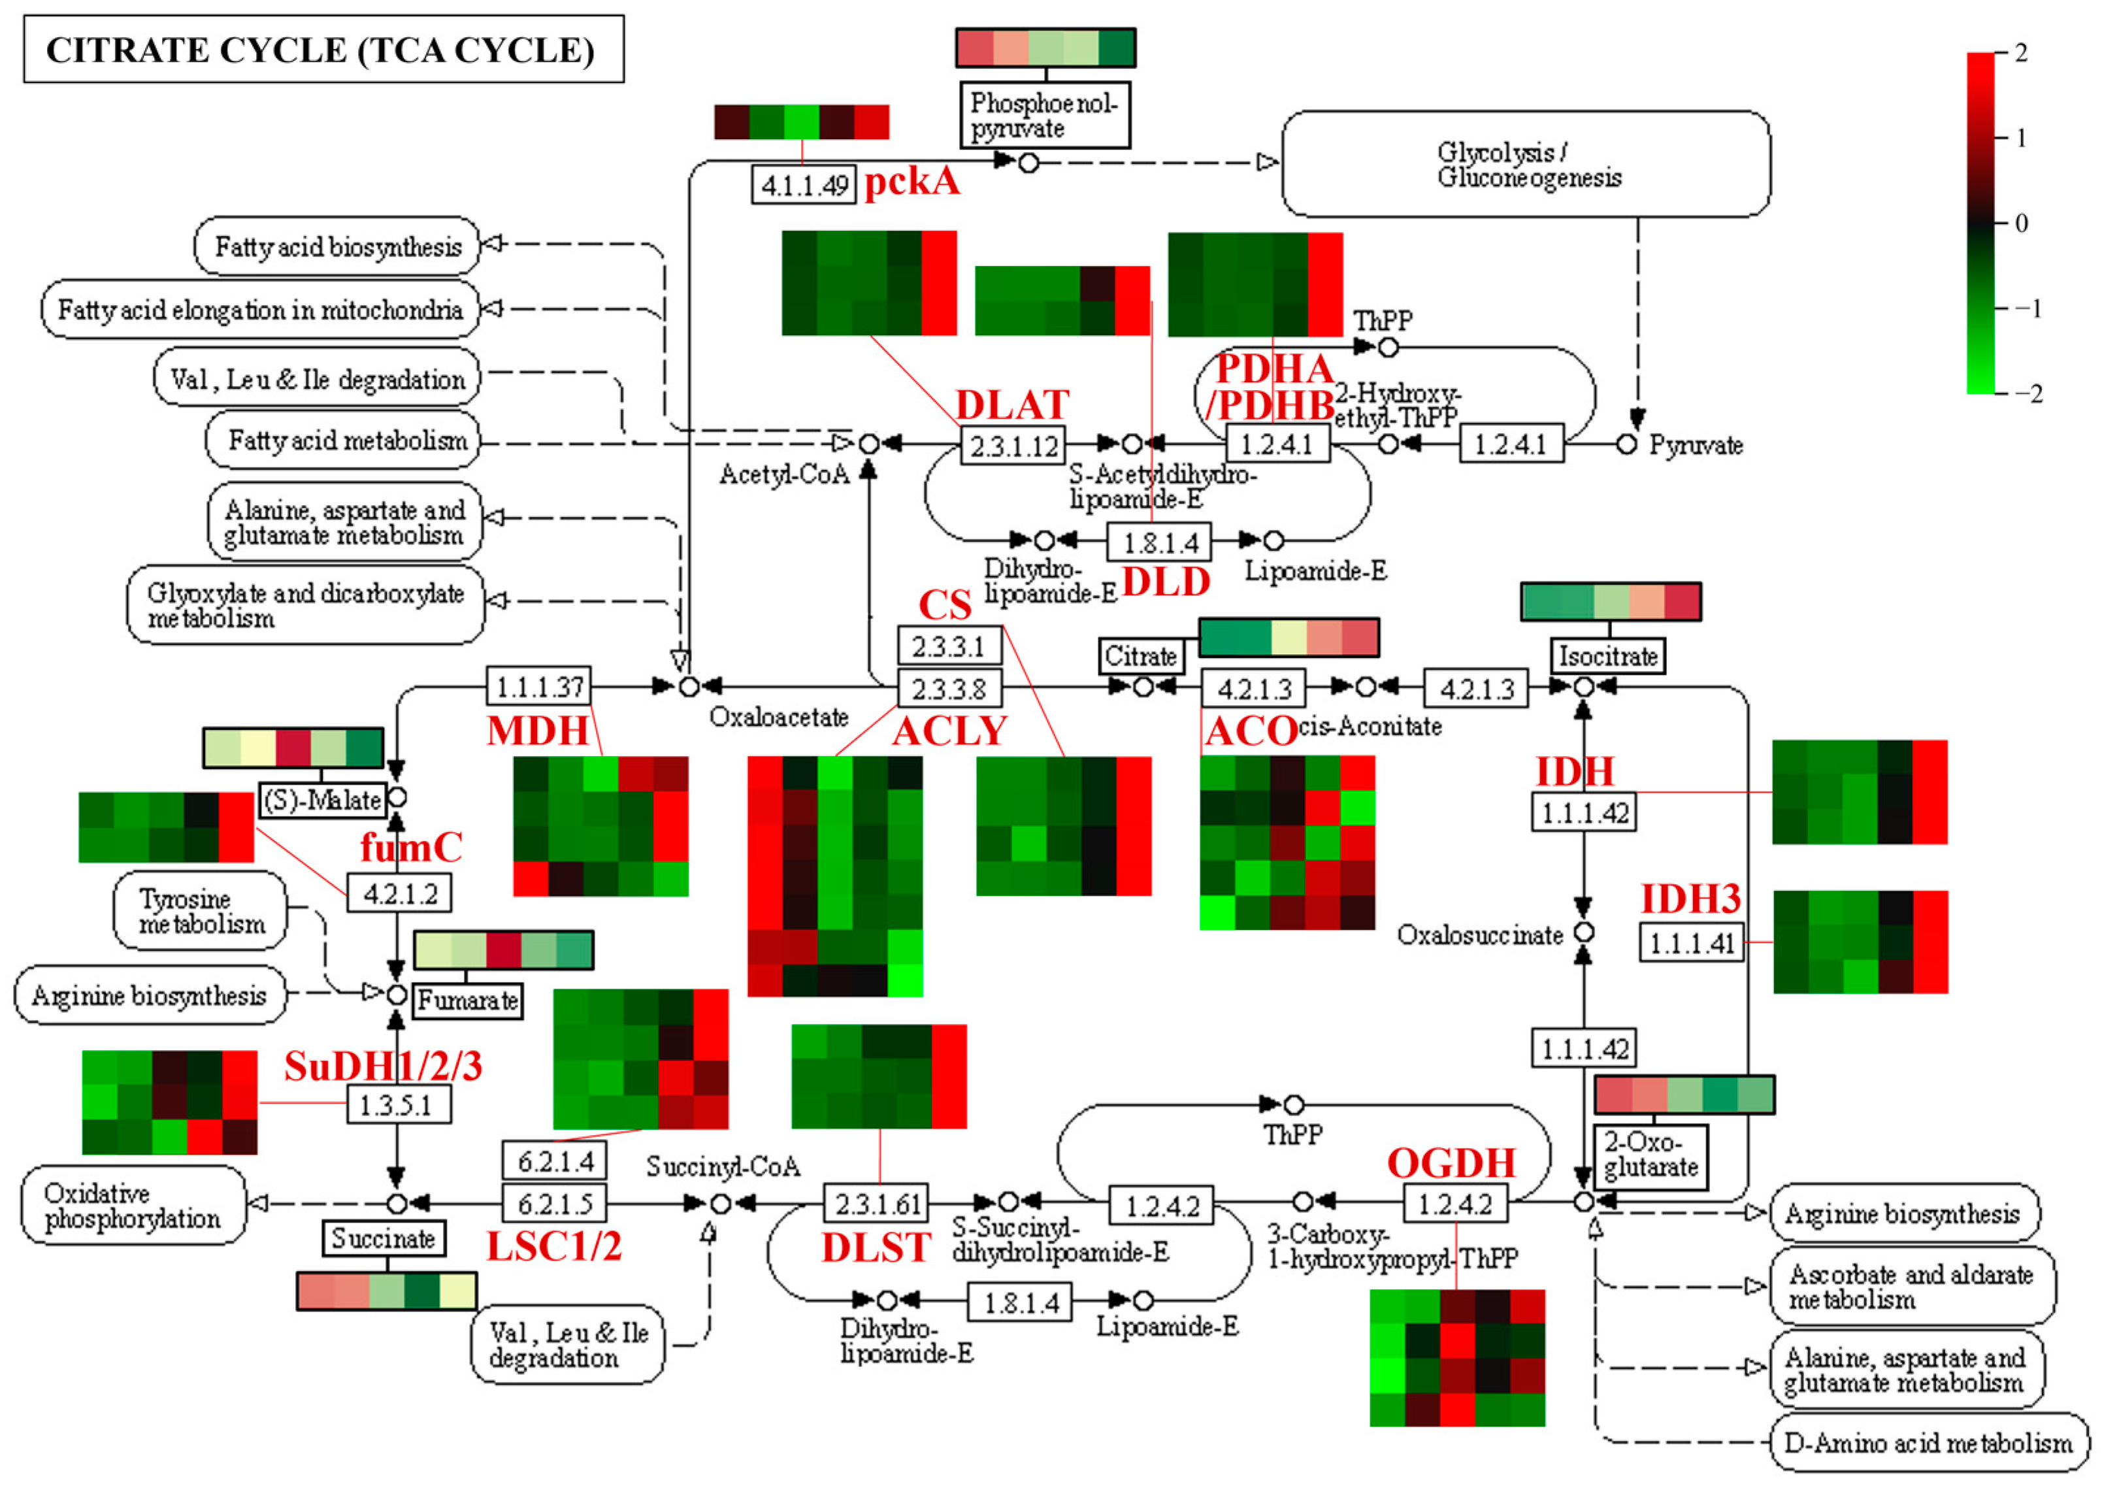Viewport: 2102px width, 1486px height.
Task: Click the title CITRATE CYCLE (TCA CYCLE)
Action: [x=322, y=50]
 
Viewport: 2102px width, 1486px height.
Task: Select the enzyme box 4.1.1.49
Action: [x=803, y=185]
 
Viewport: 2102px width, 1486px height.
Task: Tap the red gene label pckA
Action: [x=912, y=181]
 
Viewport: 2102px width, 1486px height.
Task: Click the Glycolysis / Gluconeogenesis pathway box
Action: [x=1525, y=165]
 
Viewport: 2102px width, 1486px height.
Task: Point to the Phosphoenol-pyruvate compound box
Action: [x=1043, y=116]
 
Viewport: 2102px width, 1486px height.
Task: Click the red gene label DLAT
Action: [x=1011, y=405]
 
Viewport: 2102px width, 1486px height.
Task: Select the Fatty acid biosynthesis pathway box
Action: [x=337, y=246]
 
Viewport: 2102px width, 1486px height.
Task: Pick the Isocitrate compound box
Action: [x=1607, y=655]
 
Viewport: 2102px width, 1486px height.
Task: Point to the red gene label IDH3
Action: [x=1689, y=899]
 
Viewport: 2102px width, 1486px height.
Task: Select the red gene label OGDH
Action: [x=1451, y=1163]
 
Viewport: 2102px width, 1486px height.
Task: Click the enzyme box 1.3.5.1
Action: [x=398, y=1104]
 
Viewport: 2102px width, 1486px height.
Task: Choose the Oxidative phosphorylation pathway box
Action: [x=133, y=1205]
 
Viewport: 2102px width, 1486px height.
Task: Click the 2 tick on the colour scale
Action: [x=2020, y=53]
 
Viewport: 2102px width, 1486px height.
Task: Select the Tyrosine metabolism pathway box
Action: [x=199, y=911]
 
